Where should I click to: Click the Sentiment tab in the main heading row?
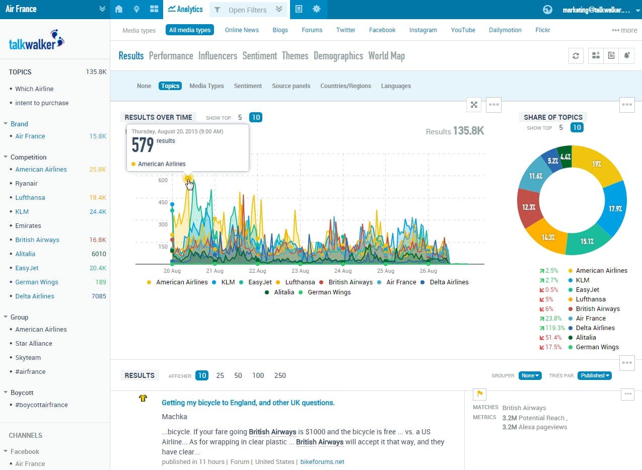click(x=259, y=56)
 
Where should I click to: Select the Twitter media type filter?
click(x=345, y=30)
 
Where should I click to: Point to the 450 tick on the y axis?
click(x=162, y=202)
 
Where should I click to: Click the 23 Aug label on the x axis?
click(x=301, y=271)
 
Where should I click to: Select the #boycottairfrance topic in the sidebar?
click(x=41, y=405)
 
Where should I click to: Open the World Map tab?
click(x=386, y=56)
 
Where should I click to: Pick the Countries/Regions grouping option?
click(x=345, y=86)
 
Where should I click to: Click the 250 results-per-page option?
click(x=280, y=375)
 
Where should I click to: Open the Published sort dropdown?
click(x=594, y=375)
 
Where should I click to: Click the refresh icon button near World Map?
click(x=576, y=56)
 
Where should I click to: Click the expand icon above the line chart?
click(x=474, y=105)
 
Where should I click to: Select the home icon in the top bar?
click(x=119, y=9)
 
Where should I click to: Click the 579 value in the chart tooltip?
click(x=142, y=145)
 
